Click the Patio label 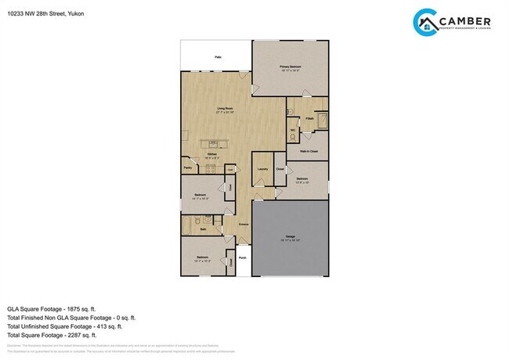[x=217, y=57]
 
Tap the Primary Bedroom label [x=291, y=68]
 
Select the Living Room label [x=226, y=110]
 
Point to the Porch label [x=243, y=257]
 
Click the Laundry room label [x=262, y=168]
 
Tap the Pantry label [x=188, y=167]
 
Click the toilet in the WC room [x=294, y=139]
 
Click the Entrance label [x=244, y=225]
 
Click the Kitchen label [x=211, y=154]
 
